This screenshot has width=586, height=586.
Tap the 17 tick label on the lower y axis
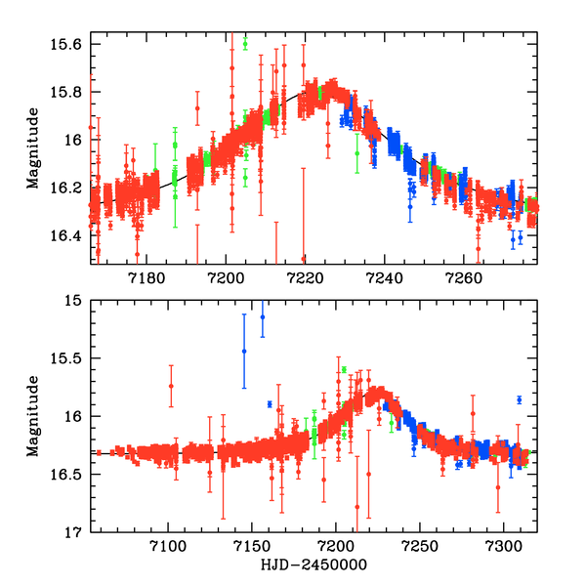click(x=75, y=533)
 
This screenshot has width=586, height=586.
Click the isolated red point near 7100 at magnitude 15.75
click(x=171, y=386)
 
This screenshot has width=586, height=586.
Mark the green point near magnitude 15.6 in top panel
click(x=245, y=44)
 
